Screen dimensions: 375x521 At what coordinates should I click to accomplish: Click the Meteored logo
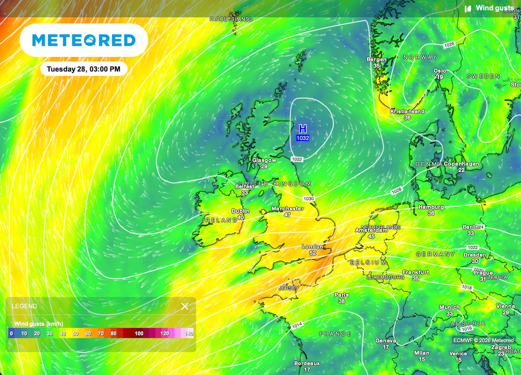tap(84, 40)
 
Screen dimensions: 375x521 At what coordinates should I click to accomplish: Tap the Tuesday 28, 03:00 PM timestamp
tap(84, 69)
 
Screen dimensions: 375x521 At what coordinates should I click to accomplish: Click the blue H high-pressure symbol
tap(303, 129)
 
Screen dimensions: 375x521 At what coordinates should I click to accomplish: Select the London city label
tap(312, 246)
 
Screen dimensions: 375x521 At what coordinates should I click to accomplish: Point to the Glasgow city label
tap(264, 160)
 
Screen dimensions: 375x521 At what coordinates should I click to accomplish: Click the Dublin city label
tap(241, 211)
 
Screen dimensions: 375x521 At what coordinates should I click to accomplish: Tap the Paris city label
tap(341, 295)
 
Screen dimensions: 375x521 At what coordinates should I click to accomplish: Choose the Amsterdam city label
tap(371, 230)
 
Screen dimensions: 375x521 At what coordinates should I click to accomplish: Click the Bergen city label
tap(377, 59)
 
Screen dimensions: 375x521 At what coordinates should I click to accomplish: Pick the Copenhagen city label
tap(461, 164)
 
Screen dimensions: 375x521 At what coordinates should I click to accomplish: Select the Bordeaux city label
tap(307, 363)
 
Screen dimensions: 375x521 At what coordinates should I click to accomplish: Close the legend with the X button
tap(185, 306)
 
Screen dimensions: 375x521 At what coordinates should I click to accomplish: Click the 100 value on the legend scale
tap(139, 333)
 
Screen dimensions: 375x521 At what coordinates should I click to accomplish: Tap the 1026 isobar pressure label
tap(449, 45)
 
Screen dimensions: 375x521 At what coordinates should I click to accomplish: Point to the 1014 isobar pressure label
tap(297, 325)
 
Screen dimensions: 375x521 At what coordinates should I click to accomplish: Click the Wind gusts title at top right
tap(494, 8)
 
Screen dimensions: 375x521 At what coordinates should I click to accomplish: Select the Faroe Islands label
tap(231, 19)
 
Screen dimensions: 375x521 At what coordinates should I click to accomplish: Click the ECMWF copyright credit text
tap(483, 340)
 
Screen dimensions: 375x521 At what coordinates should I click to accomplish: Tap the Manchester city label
tap(287, 208)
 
